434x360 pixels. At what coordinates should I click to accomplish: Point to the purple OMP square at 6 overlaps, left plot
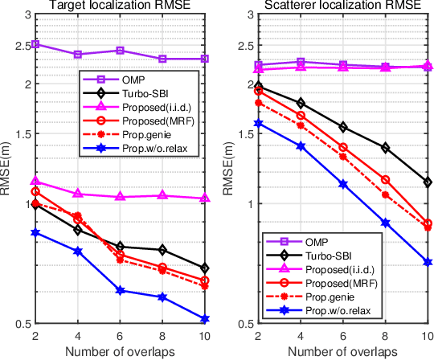click(x=120, y=51)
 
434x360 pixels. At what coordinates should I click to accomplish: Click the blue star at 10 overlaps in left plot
click(x=205, y=320)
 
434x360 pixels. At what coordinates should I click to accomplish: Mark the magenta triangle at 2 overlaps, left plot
click(x=35, y=182)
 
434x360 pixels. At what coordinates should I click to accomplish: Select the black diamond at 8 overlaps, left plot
click(x=162, y=250)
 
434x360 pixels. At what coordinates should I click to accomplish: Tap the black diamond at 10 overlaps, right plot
click(x=428, y=182)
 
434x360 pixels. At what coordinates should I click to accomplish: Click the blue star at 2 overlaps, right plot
click(x=258, y=123)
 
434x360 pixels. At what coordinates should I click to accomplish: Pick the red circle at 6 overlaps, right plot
click(x=343, y=147)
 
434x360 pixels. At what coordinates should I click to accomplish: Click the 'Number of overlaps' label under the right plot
click(x=343, y=352)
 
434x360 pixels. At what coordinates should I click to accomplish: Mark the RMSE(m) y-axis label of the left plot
click(x=6, y=169)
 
